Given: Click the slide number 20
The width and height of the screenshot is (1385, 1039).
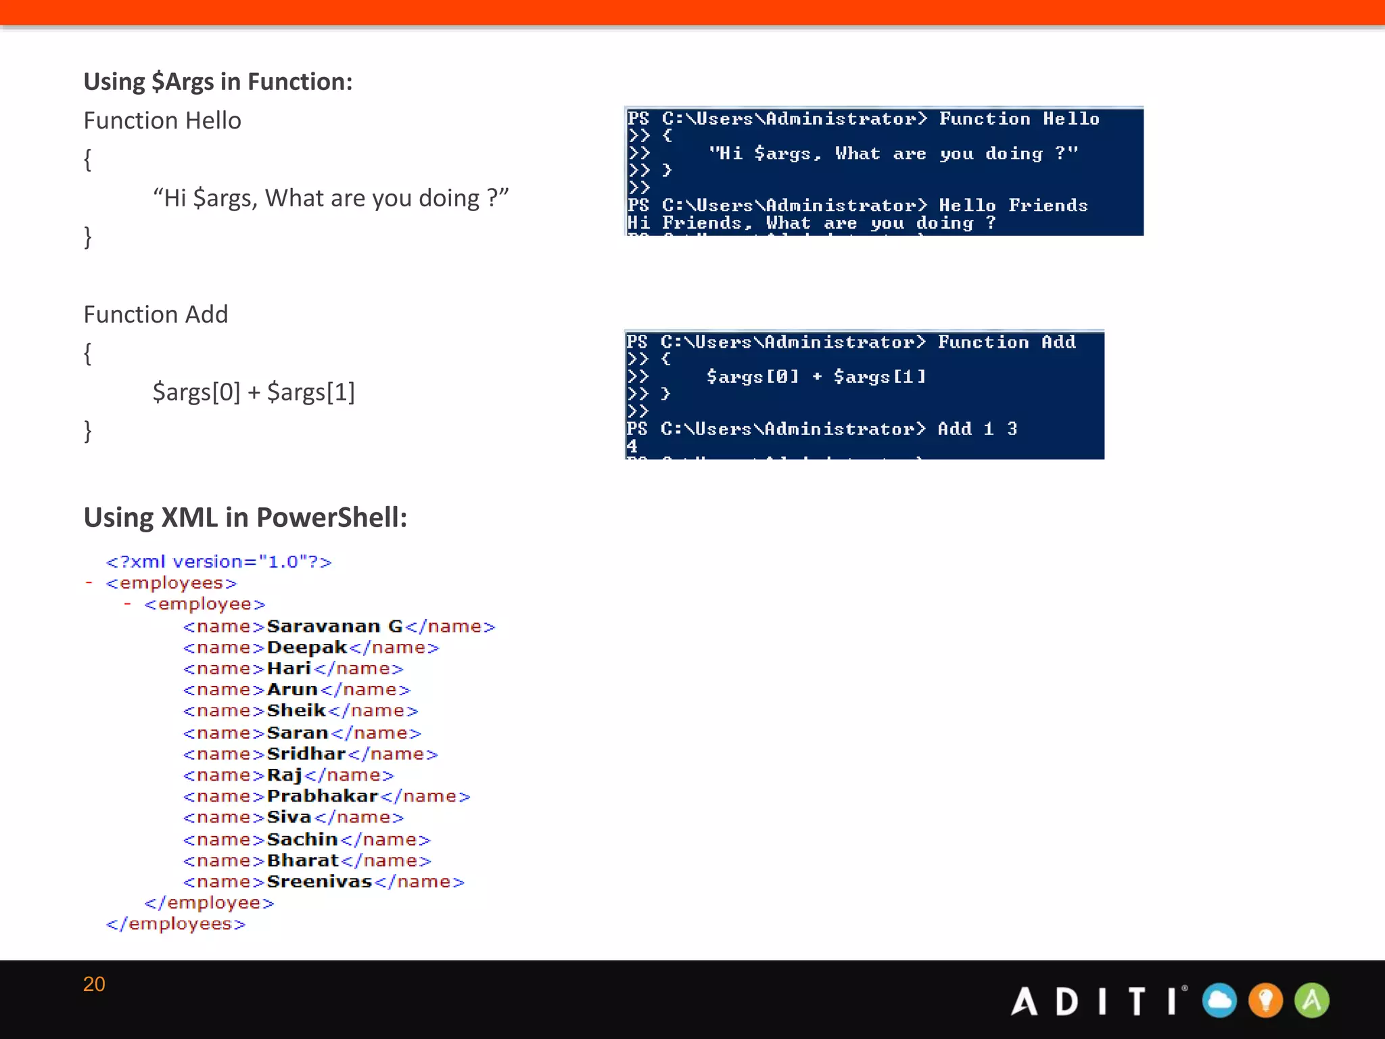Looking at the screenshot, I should pos(94,984).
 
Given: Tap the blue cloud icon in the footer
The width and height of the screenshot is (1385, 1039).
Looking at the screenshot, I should pos(1219,1000).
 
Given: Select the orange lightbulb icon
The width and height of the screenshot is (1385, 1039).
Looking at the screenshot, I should pos(1265,1000).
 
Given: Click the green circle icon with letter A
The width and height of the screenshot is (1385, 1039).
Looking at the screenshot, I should pos(1311,1000).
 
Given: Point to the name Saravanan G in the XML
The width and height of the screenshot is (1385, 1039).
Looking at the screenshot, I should pos(334,626).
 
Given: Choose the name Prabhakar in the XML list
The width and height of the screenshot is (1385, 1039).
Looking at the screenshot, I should pos(322,796).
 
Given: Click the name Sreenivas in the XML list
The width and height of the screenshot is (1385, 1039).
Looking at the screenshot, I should pos(319,881).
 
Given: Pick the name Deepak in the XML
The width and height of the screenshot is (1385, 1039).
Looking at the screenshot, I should pos(306,647).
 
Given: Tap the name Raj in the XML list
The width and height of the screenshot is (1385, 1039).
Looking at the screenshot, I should pos(284,775).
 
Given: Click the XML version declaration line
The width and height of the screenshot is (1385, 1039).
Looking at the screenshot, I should pos(218,562).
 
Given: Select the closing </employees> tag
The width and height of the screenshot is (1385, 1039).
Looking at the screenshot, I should pos(176,924).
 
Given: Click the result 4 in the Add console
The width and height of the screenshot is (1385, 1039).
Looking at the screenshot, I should pos(632,446).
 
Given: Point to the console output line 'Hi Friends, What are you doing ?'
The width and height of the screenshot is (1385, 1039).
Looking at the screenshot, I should pos(811,223).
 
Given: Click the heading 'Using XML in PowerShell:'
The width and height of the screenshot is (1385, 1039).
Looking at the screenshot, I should pos(245,517).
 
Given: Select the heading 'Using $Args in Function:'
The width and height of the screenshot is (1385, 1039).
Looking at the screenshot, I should pos(218,82).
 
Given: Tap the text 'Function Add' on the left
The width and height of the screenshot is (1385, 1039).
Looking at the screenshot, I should pos(156,315).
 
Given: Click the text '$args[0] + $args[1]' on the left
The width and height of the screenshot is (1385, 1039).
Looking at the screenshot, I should pos(254,392).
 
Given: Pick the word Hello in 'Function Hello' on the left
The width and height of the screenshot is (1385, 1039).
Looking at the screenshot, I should pos(213,120).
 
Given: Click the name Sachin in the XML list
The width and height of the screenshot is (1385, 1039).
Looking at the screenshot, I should pos(302,839).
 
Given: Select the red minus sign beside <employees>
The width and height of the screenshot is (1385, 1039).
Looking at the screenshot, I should pos(89,582).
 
